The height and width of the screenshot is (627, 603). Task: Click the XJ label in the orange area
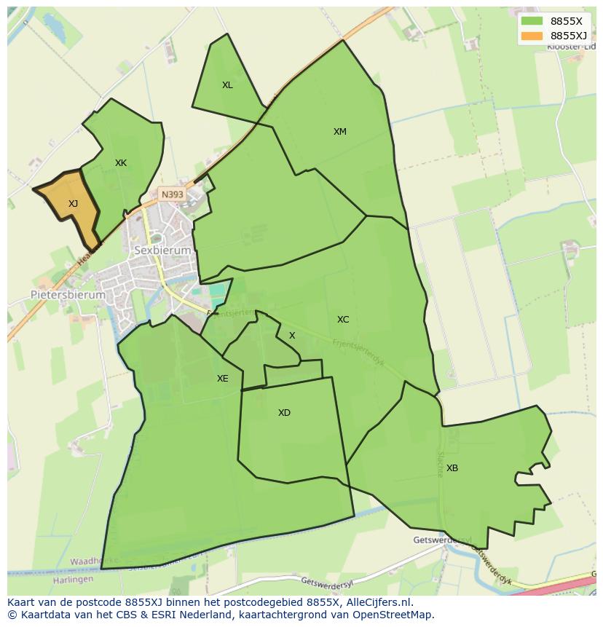(x=73, y=204)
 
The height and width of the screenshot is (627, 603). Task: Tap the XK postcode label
(x=121, y=163)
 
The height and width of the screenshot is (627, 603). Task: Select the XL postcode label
(x=227, y=85)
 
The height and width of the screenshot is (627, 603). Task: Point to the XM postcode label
(x=340, y=132)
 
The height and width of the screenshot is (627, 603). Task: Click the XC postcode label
(x=343, y=320)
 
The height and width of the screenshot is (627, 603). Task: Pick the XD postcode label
(x=284, y=413)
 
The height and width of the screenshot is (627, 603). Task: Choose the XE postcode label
(x=222, y=379)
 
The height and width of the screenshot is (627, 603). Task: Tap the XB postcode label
(x=452, y=468)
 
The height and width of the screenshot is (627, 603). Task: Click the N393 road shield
(x=173, y=194)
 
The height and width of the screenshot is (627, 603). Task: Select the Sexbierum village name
(x=162, y=250)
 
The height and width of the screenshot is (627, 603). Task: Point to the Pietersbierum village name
(x=68, y=295)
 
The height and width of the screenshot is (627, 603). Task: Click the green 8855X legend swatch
(x=532, y=21)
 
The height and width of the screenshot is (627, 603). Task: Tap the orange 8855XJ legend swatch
(x=532, y=36)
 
